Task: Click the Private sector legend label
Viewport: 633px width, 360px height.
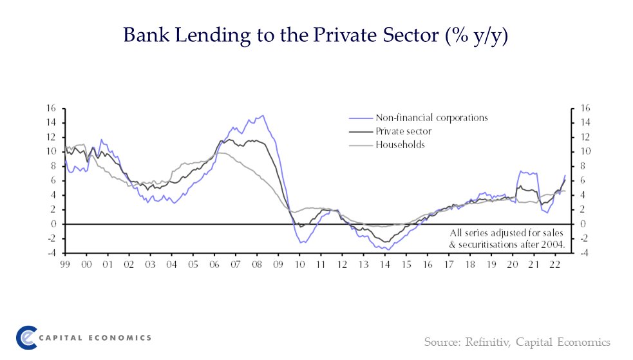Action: click(404, 131)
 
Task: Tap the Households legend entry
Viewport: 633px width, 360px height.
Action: click(401, 145)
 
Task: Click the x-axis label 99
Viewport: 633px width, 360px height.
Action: click(65, 264)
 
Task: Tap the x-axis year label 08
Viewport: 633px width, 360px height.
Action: click(256, 264)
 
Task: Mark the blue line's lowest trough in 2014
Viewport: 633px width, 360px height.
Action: click(385, 249)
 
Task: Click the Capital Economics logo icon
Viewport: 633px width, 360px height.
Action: click(26, 337)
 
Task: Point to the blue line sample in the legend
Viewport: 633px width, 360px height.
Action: click(361, 118)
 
